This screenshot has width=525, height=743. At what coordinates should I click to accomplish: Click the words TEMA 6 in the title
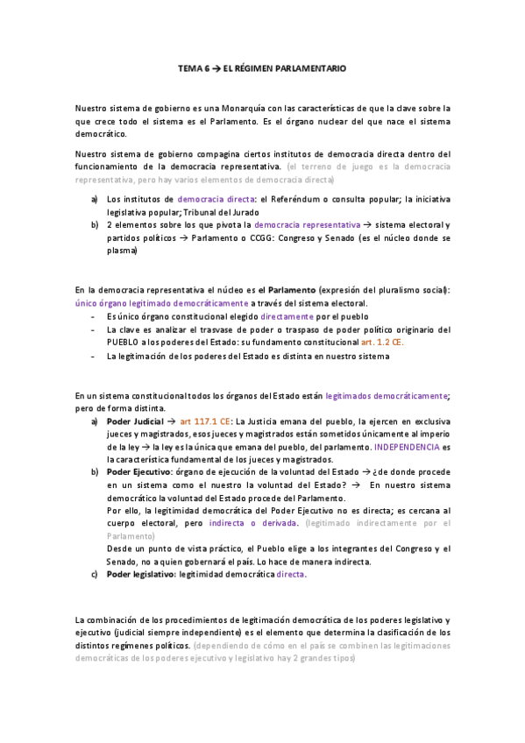pos(193,67)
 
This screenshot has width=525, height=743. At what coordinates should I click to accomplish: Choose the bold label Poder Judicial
pos(136,422)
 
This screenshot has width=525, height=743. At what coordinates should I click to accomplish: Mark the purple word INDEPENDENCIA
pos(404,447)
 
